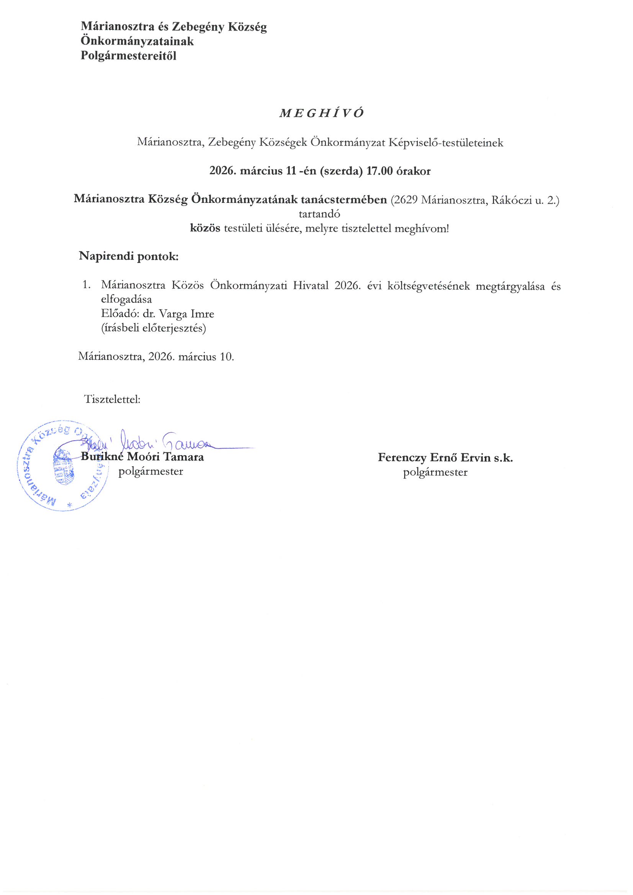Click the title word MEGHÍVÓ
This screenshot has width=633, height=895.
tap(322, 113)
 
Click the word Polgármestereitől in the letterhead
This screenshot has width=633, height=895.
tap(128, 56)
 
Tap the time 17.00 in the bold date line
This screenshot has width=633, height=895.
tap(379, 171)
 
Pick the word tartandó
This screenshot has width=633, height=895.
tap(319, 214)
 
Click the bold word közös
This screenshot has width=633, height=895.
tap(205, 228)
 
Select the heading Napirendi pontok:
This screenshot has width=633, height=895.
tap(129, 256)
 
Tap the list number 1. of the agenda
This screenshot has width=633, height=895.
tap(87, 285)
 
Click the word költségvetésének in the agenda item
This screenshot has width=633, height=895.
tap(429, 286)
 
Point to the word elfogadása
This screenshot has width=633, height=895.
tap(126, 299)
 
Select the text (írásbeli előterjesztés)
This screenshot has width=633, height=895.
tap(154, 328)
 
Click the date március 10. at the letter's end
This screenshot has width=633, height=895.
tap(206, 356)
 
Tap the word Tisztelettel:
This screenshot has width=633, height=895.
tap(112, 399)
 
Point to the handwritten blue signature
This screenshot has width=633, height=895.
tap(164, 442)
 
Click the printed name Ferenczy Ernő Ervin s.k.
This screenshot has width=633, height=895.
tap(445, 457)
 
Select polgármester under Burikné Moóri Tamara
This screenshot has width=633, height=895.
tap(150, 471)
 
